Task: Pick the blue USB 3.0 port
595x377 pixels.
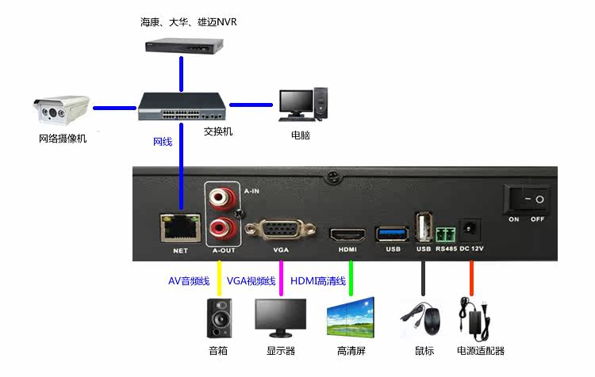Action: (393, 233)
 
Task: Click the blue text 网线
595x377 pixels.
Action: (162, 143)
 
